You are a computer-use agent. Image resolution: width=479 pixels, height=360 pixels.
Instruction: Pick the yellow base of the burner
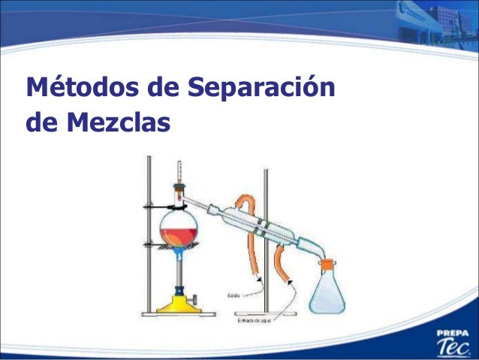point(180,304)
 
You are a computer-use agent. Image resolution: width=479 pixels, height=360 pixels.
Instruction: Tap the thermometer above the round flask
point(179,174)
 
